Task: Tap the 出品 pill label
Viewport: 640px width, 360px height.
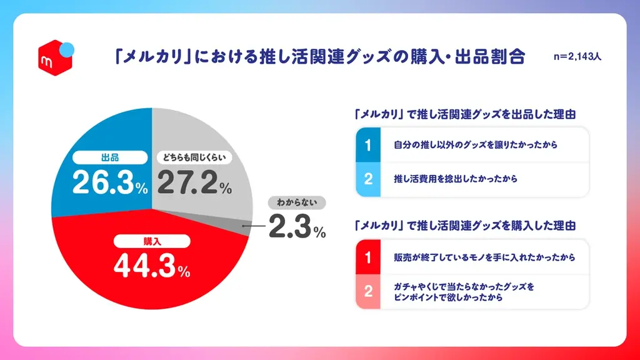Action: [104, 157]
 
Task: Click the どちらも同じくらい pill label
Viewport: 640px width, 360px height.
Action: [194, 157]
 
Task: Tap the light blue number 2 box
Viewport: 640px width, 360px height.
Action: [368, 179]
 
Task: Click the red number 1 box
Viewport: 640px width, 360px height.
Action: [368, 257]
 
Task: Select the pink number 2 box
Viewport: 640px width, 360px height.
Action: [368, 292]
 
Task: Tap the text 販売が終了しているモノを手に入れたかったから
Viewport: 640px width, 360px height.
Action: [484, 257]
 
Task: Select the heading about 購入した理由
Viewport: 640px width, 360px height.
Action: [464, 224]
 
